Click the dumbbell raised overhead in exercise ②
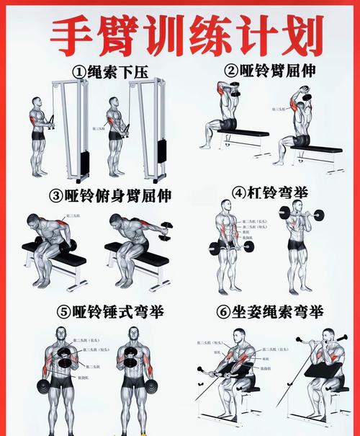coord(305,94)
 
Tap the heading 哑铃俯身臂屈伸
coord(118,195)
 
